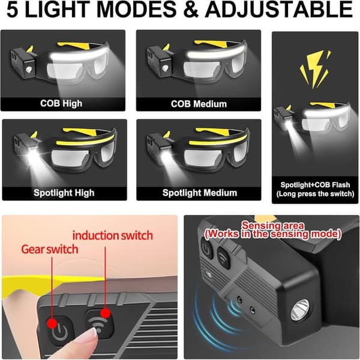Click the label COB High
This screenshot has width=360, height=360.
click(x=61, y=103)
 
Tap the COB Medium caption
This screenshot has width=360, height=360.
click(x=199, y=104)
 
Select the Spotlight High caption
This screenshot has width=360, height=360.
click(x=64, y=193)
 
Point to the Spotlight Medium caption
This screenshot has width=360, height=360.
click(x=200, y=193)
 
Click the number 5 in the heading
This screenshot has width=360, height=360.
click(x=13, y=9)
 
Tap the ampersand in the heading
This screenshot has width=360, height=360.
click(x=191, y=9)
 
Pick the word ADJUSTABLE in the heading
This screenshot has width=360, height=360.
click(x=279, y=9)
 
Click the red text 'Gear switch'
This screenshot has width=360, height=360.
click(x=50, y=250)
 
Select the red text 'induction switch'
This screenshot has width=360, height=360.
click(x=113, y=236)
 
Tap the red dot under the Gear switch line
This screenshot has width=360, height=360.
click(x=52, y=323)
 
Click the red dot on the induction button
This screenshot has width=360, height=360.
click(x=106, y=313)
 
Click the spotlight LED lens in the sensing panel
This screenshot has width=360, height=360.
click(x=301, y=310)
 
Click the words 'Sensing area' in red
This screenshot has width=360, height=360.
click(x=273, y=226)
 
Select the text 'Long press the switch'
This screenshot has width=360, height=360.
click(x=315, y=194)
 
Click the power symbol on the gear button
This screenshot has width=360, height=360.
click(x=59, y=331)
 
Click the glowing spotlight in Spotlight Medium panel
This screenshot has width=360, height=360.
click(x=166, y=154)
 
